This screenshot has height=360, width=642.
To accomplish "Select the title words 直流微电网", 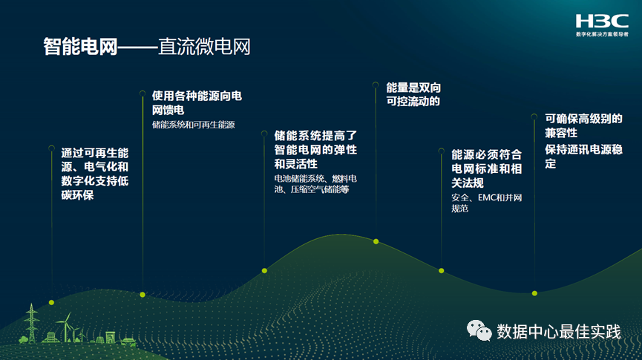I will click(204, 48).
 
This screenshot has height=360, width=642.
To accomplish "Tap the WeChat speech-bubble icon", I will click(479, 330).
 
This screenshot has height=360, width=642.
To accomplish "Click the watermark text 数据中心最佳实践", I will click(558, 331).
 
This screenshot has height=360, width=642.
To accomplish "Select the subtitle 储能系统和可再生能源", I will click(193, 125).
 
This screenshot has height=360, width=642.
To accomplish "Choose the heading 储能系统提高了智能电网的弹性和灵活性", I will click(315, 149).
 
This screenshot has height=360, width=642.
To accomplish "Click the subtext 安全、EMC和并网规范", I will click(486, 203).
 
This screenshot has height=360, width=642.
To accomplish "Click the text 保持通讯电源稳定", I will click(583, 156).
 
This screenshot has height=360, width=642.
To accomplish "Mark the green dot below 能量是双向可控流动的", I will click(376, 241).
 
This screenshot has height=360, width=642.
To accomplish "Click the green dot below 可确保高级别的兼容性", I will click(534, 292).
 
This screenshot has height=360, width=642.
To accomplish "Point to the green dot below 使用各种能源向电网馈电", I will click(143, 295).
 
